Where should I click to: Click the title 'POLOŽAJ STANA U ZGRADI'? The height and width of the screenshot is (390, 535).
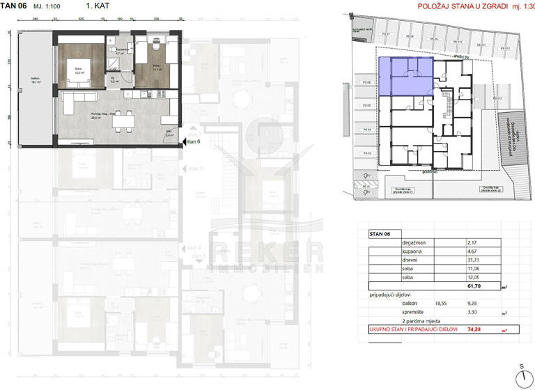[445, 6]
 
